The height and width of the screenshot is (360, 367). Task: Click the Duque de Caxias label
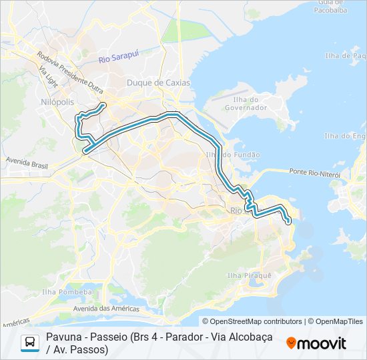[x=158, y=83]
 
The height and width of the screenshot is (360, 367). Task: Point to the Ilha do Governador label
[x=246, y=103]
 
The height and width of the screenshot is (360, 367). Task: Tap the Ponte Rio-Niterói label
[x=315, y=173]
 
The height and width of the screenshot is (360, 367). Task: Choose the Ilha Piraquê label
[x=250, y=275]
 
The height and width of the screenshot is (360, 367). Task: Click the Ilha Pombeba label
[x=66, y=292]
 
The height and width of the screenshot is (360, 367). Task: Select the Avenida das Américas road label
[x=106, y=309]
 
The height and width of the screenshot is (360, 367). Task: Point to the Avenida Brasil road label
[x=28, y=161]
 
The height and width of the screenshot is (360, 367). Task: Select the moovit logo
[x=316, y=343]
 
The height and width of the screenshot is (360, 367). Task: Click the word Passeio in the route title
[x=110, y=337]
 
